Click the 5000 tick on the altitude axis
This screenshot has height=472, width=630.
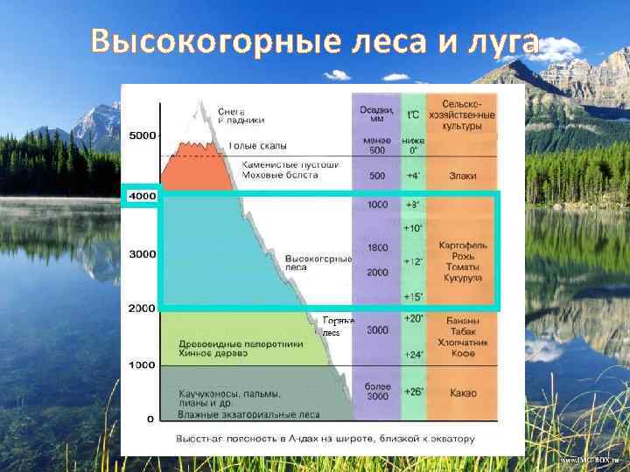click(143, 135)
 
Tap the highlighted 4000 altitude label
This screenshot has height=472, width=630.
click(142, 197)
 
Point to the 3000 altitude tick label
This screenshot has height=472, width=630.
click(143, 253)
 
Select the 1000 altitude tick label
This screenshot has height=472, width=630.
click(143, 364)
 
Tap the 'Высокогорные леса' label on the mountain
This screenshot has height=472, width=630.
click(318, 263)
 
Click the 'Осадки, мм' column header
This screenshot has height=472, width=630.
click(377, 115)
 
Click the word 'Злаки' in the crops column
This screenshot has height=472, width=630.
click(463, 176)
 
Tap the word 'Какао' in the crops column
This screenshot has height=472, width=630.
click(462, 392)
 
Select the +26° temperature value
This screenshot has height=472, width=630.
click(413, 392)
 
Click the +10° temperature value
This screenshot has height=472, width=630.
click(413, 228)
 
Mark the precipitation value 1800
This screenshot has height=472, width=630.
click(378, 248)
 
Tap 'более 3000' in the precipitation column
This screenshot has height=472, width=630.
click(378, 392)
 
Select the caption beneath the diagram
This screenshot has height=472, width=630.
click(325, 438)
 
